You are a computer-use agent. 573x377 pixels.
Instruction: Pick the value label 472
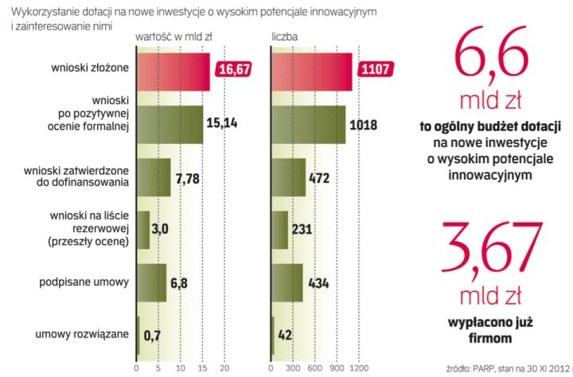(x=319, y=177)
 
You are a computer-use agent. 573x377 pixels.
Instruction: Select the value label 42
(x=284, y=336)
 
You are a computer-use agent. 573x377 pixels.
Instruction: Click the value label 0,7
(x=152, y=336)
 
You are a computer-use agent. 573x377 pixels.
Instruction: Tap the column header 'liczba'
(x=284, y=37)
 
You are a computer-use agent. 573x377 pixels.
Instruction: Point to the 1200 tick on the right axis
(x=360, y=368)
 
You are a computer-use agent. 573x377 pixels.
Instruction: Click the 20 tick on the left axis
(x=224, y=368)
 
